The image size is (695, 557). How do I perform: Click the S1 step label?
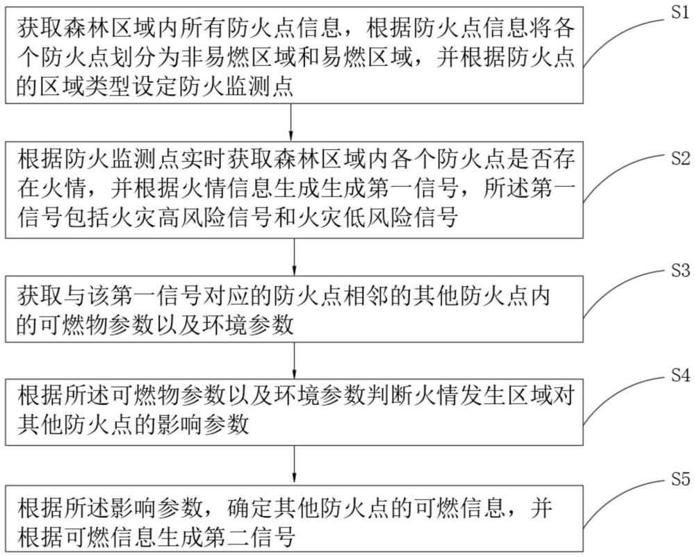[678, 15]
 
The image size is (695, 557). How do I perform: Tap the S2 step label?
[678, 158]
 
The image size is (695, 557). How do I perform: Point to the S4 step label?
[678, 376]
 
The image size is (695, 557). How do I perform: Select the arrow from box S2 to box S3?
[295, 256]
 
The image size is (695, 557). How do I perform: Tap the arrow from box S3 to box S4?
[295, 359]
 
